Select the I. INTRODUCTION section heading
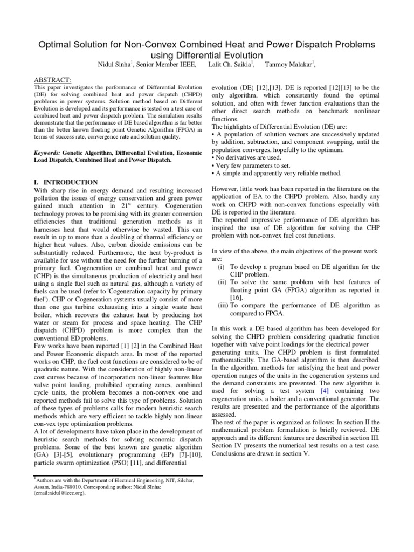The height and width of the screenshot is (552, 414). tap(66, 183)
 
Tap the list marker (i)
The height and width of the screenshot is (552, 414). tap(221, 266)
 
